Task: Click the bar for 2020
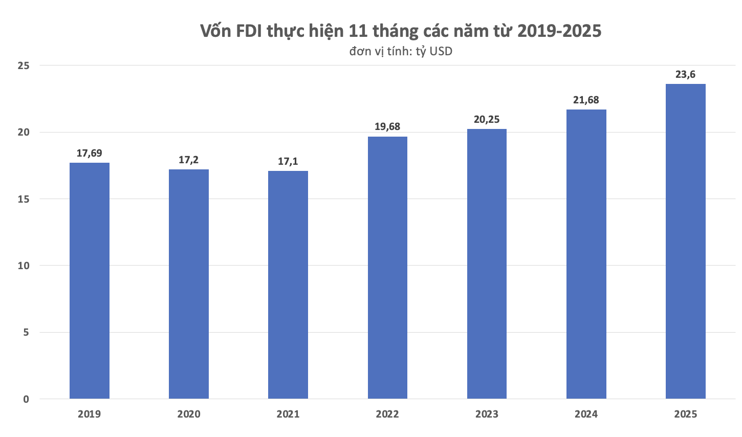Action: [x=189, y=284]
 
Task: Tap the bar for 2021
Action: [x=288, y=285]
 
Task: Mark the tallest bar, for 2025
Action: [x=685, y=241]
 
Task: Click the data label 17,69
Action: [x=90, y=153]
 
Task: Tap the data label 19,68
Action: [x=387, y=126]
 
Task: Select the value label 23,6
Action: [x=685, y=75]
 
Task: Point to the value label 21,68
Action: [x=586, y=100]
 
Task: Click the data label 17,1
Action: [x=288, y=162]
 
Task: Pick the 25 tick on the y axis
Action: [x=24, y=66]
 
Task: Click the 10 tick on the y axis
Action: [x=24, y=266]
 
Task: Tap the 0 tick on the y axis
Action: [x=26, y=399]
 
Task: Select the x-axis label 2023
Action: [x=487, y=414]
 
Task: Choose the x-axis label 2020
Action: [x=189, y=414]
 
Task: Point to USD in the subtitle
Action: [x=441, y=52]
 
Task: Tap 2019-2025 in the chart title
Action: [x=559, y=31]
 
